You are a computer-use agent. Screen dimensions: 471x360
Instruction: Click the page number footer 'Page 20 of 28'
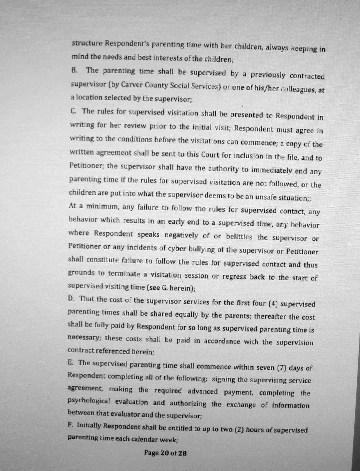click(165, 453)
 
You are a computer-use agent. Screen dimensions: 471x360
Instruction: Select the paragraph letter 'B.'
click(74, 70)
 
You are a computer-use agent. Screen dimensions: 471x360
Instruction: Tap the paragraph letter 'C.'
click(74, 111)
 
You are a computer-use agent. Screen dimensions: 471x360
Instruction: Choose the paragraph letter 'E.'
click(70, 362)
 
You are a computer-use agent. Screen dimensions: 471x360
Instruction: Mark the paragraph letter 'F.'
click(70, 425)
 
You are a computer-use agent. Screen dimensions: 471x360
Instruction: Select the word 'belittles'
click(239, 236)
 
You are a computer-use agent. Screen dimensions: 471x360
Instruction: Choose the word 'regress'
click(234, 276)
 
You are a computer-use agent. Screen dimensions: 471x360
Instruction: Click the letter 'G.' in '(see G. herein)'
click(165, 288)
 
